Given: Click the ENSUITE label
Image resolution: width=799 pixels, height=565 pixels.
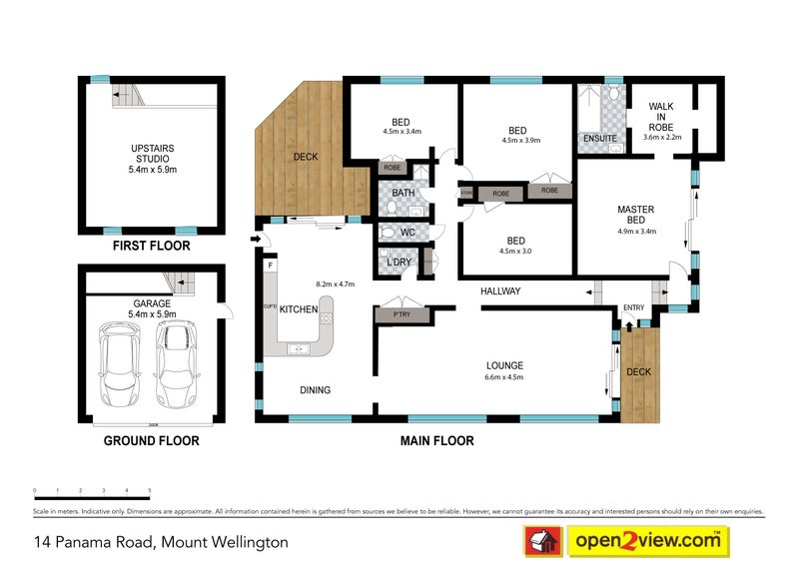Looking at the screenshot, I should (x=599, y=138).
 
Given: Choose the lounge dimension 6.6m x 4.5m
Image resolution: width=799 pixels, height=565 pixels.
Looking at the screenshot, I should (x=504, y=377).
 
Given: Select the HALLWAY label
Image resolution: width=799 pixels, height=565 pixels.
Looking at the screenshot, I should (x=500, y=291).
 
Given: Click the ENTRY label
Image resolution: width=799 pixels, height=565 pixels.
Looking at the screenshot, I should (x=634, y=307).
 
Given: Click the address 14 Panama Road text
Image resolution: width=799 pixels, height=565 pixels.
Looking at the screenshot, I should (x=158, y=542).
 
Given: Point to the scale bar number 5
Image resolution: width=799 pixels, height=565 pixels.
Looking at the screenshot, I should (x=150, y=491).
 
